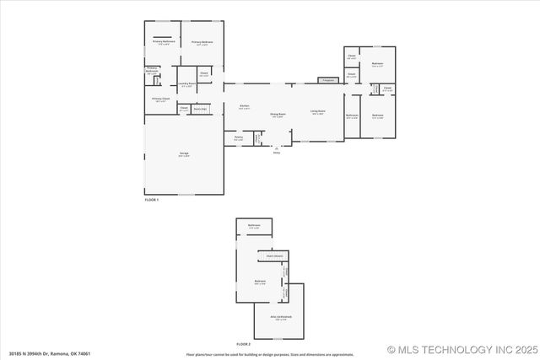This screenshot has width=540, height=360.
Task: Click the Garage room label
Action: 183,153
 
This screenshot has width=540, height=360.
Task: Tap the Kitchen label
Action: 244,107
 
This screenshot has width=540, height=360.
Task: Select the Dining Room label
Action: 278,114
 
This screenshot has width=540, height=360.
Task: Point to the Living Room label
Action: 317,112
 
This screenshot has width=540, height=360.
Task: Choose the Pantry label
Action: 238,138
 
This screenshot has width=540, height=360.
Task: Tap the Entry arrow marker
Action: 277,148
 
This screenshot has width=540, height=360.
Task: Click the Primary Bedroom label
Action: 202,42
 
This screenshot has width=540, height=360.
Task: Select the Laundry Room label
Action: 186,84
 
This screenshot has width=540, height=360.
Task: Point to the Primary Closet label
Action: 160,99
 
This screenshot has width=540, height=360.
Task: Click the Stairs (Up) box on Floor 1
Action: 200,109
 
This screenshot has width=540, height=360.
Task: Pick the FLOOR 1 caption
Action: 152,200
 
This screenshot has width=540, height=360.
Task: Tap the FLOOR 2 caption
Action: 244,344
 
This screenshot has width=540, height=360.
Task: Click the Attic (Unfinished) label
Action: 279,318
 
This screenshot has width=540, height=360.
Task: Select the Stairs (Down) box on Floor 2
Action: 274,255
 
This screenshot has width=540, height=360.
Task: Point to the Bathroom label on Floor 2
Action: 254,225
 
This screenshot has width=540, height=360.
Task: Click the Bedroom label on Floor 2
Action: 261,282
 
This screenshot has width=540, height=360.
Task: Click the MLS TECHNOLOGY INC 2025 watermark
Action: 462,349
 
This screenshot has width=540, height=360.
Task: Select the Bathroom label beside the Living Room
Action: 353,116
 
